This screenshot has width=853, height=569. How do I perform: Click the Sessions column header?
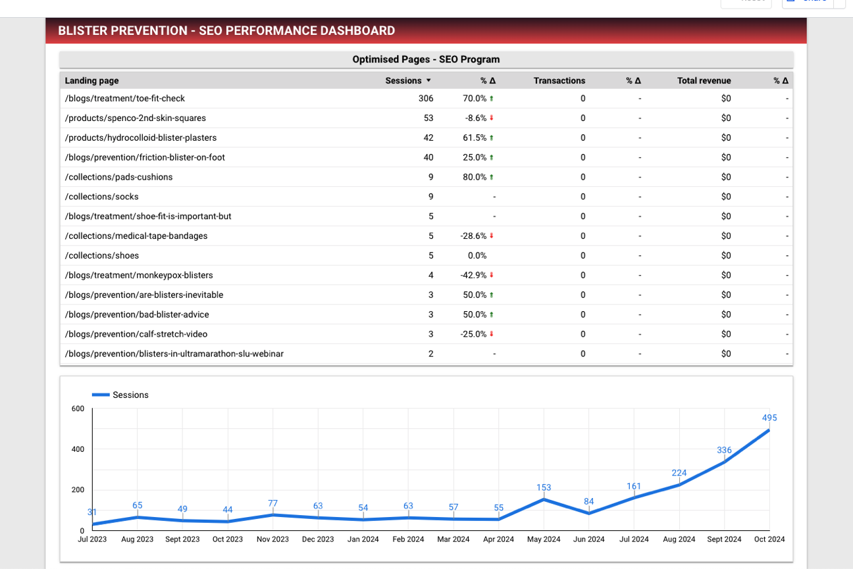click(x=403, y=81)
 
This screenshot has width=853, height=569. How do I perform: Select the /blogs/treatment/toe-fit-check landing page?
click(x=125, y=99)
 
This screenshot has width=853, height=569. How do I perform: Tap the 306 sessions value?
click(x=426, y=99)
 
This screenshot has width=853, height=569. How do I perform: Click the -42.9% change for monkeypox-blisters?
click(x=473, y=276)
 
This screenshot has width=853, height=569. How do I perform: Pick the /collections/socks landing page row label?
click(x=102, y=197)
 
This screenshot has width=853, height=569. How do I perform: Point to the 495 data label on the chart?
click(x=769, y=418)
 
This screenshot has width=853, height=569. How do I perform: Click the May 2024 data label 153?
click(x=544, y=487)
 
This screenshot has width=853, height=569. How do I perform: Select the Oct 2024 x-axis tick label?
click(x=769, y=539)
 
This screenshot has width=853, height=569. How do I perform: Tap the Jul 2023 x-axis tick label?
click(x=92, y=539)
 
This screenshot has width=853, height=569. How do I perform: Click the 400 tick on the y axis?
click(x=78, y=449)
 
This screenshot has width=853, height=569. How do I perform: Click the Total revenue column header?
click(x=704, y=81)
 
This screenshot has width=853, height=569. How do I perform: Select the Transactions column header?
click(x=559, y=81)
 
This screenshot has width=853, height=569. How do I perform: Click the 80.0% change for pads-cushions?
click(x=474, y=177)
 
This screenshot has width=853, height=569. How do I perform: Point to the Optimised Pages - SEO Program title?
click(x=426, y=59)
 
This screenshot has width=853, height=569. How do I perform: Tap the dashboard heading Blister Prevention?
click(x=226, y=31)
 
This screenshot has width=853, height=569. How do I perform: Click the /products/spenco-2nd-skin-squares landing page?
click(x=136, y=118)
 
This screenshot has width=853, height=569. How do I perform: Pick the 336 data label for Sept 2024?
click(x=724, y=450)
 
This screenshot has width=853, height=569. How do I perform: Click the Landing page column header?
click(x=92, y=81)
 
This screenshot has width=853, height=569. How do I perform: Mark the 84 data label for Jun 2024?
click(x=589, y=502)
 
